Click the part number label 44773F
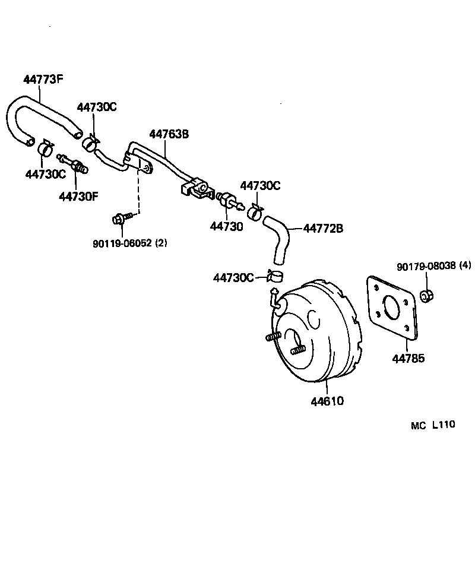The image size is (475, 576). click(43, 80)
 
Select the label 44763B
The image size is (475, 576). click(169, 135)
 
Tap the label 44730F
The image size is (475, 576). click(78, 195)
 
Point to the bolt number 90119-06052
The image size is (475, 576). click(122, 243)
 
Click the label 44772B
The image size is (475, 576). click(323, 228)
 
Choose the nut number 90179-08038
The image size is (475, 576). click(426, 267)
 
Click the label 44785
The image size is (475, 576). click(408, 358)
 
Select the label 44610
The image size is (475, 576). click(327, 401)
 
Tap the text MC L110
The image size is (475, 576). click(432, 425)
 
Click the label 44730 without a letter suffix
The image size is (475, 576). click(226, 226)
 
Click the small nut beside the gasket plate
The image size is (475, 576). click(425, 295)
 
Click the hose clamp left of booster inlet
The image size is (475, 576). click(275, 276)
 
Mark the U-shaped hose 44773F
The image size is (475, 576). click(36, 113)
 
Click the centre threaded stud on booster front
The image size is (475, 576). click(298, 350)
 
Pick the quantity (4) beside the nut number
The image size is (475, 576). click(464, 267)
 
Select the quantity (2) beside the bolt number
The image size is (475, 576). click(161, 243)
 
